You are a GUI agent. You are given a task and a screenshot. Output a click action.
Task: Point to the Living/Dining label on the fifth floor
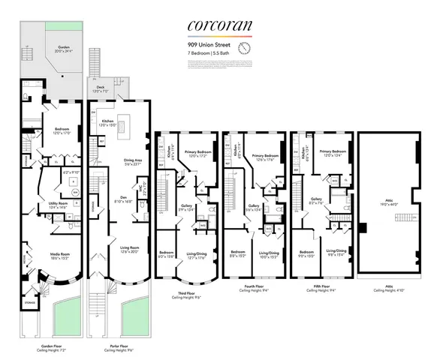pos(336,252)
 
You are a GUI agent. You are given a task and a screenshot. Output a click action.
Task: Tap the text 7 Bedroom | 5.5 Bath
pos(211,53)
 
